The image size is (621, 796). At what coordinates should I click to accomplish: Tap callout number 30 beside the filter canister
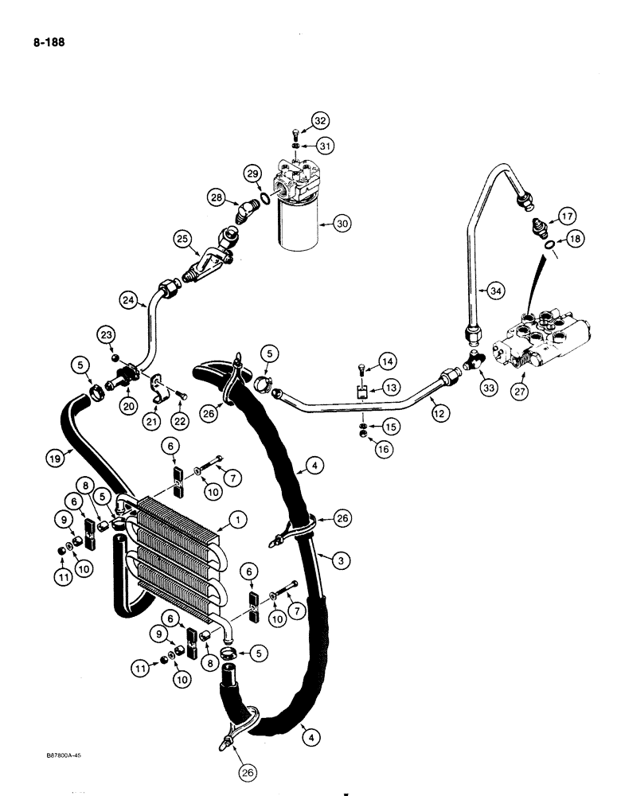[342, 224]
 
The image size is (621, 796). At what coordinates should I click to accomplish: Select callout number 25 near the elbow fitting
[184, 238]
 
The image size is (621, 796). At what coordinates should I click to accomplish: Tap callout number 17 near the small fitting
[566, 215]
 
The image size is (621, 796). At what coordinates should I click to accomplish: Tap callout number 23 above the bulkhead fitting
[107, 335]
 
